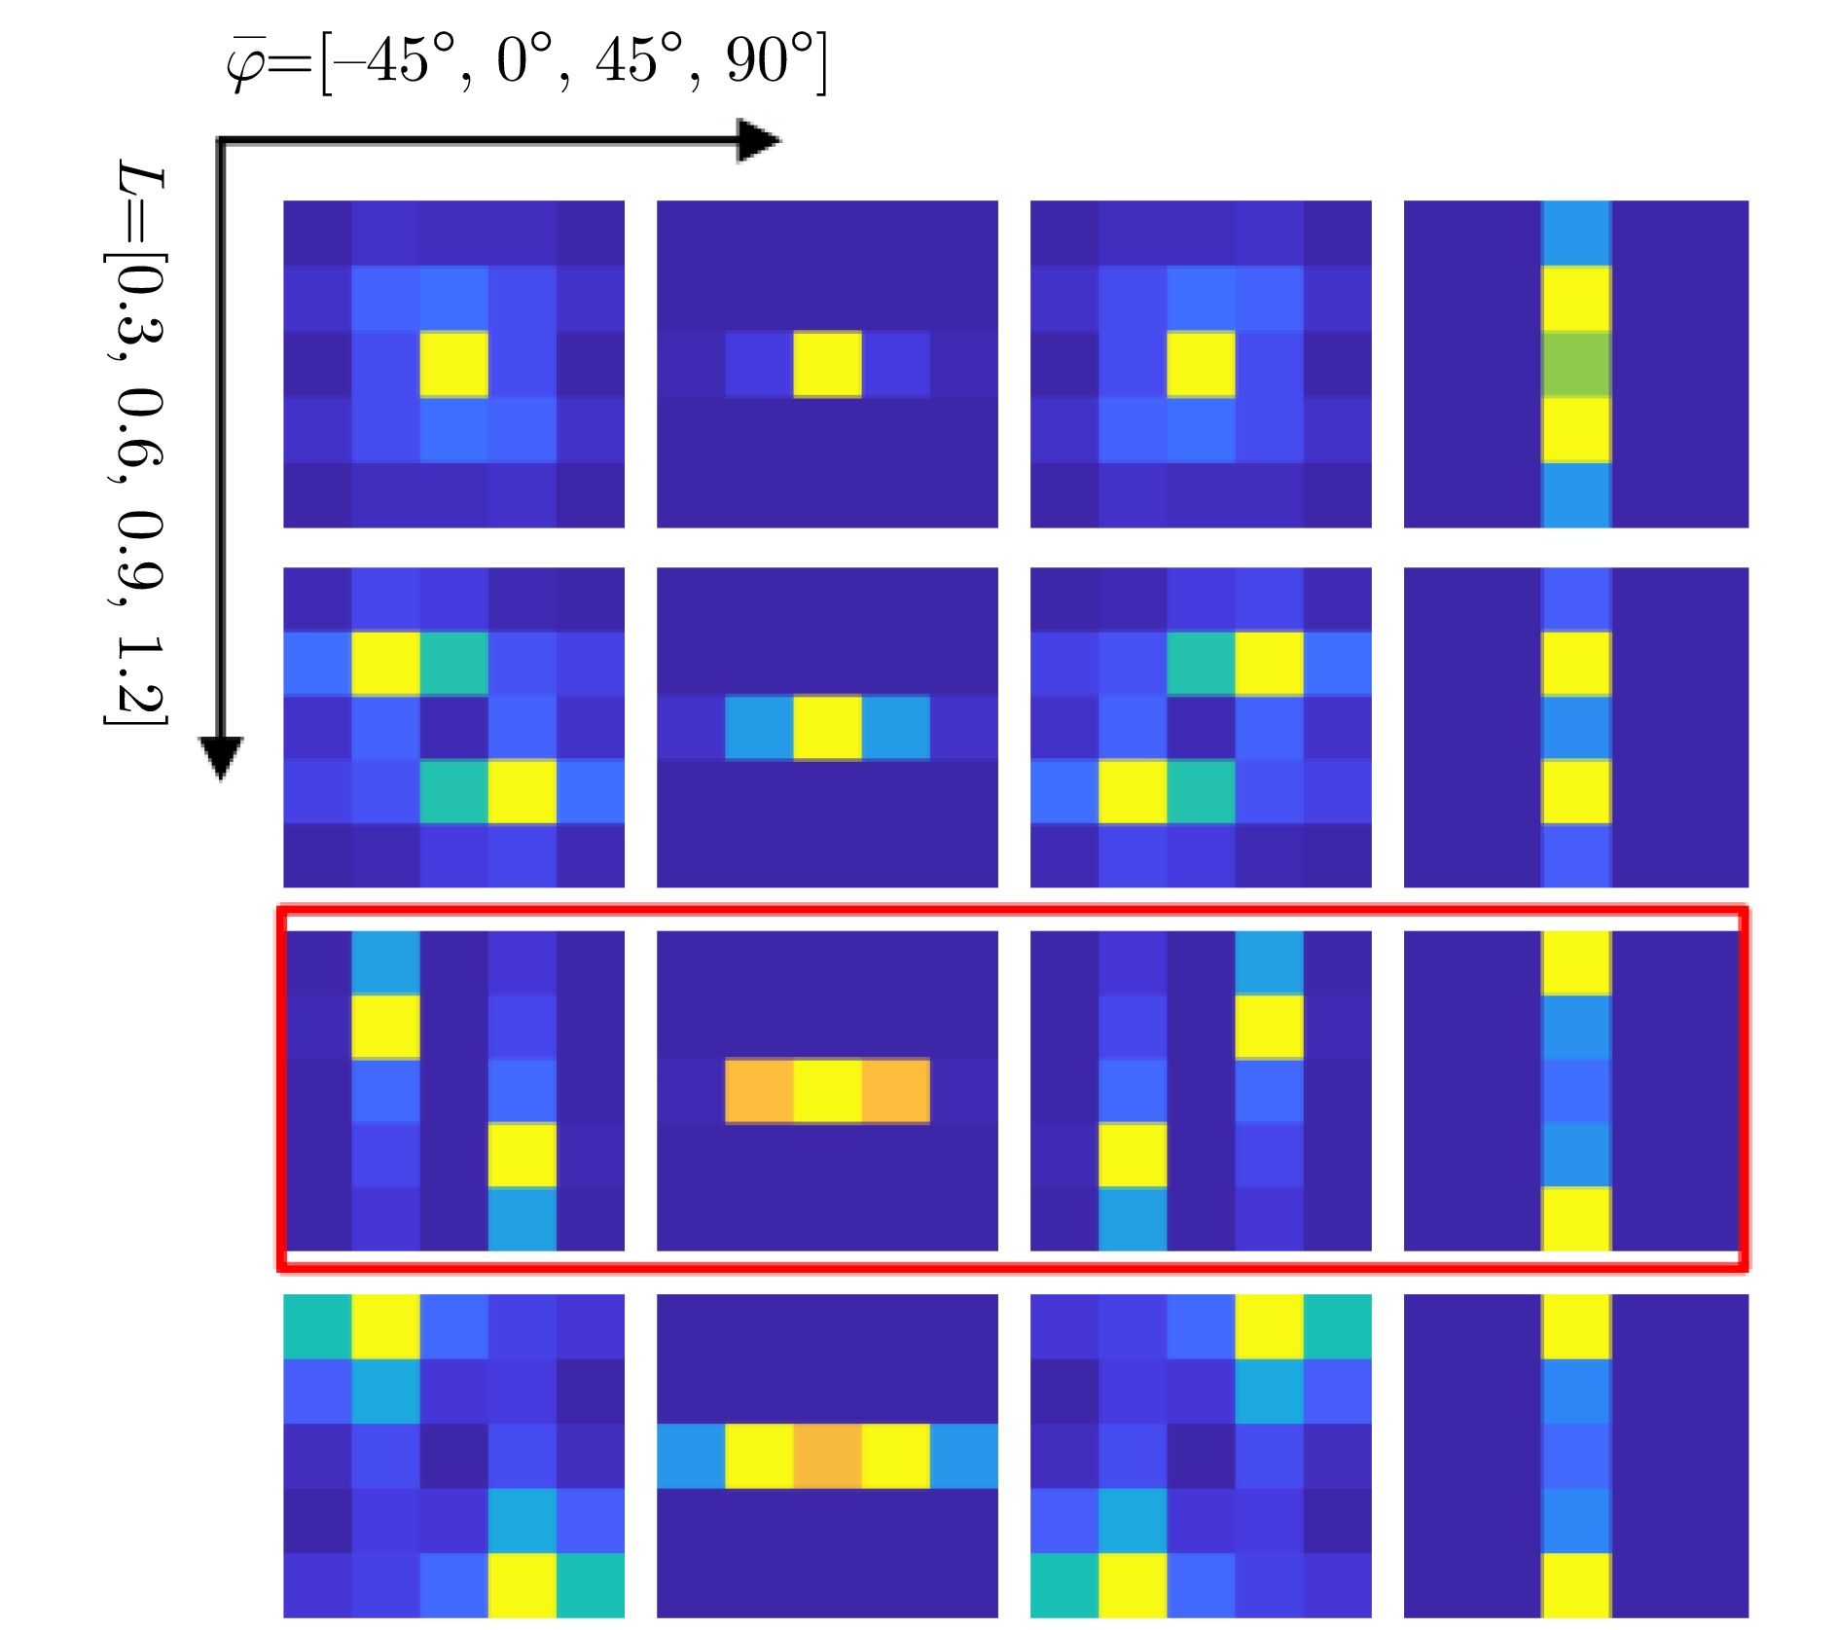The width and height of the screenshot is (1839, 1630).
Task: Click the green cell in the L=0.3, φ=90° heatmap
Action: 1576,364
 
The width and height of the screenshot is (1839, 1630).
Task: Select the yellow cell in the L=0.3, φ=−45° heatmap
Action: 453,364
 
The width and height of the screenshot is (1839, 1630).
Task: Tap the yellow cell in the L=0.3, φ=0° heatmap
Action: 827,364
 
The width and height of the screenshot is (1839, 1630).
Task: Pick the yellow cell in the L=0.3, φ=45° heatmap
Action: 1201,364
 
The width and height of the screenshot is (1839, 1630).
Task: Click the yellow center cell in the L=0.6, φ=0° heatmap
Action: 827,727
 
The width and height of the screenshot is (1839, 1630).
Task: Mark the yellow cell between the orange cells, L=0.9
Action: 827,1091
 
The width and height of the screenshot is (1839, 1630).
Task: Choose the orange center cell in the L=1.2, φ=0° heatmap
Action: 827,1456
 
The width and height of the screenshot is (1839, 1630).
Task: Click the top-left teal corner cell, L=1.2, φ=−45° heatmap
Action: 317,1326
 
